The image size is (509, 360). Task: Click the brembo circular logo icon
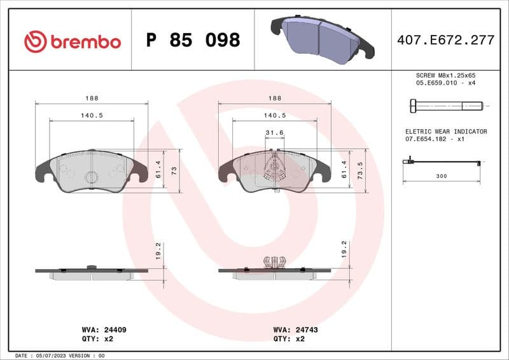click(36, 41)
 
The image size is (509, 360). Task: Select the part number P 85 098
click(193, 41)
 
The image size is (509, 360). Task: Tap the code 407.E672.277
click(445, 41)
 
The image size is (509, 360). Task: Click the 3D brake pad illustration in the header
click(322, 37)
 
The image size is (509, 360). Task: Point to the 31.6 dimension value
click(274, 132)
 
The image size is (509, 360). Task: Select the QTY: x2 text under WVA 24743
click(289, 339)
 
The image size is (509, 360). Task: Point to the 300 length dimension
click(442, 176)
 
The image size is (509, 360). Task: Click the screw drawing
click(443, 105)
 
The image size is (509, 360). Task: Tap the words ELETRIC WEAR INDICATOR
click(446, 132)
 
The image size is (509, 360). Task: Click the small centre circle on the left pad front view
click(91, 176)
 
